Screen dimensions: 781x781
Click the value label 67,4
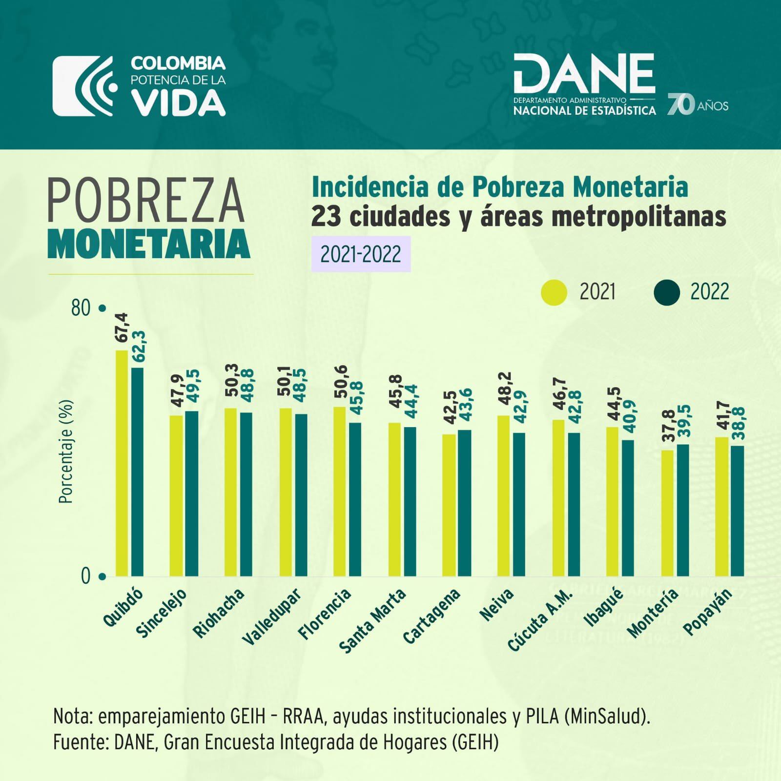(x=122, y=328)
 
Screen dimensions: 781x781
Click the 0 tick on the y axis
(x=86, y=576)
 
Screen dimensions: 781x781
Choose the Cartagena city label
(x=432, y=616)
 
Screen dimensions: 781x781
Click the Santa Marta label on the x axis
(x=373, y=620)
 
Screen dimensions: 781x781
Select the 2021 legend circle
(x=554, y=292)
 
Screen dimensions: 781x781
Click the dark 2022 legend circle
(x=666, y=292)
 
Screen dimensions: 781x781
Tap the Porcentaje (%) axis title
(x=65, y=452)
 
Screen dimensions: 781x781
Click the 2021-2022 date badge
(x=361, y=254)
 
